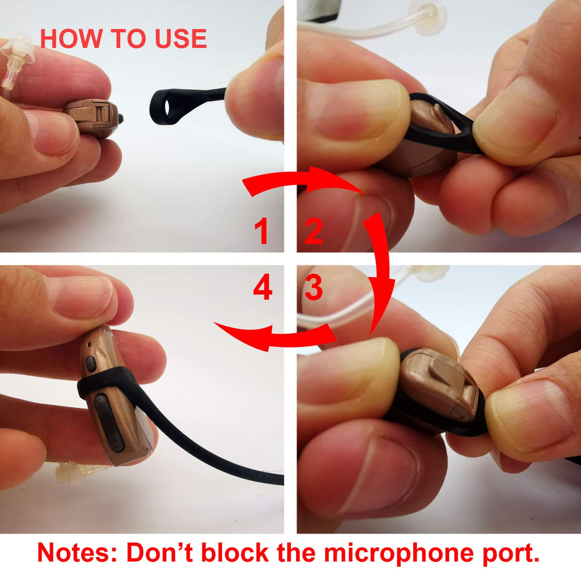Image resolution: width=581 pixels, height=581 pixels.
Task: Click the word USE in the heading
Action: coord(180,39)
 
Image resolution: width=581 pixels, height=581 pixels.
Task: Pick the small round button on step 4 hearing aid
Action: coord(90,363)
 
